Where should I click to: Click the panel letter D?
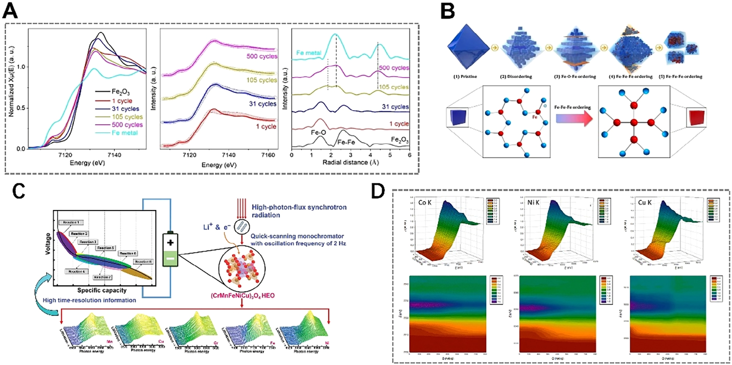point(378,190)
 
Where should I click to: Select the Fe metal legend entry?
point(125,133)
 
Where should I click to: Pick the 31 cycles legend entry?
point(125,109)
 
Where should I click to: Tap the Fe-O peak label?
point(318,133)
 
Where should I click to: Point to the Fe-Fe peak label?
point(346,142)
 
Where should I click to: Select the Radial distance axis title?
point(350,162)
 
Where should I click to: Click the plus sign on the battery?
point(170,243)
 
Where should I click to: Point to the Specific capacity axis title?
point(102,290)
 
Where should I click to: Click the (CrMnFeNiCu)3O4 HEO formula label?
point(243,295)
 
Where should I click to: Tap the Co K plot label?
point(425,202)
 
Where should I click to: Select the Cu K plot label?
point(645,202)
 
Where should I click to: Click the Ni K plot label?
point(534,202)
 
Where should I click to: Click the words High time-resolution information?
point(89,300)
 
